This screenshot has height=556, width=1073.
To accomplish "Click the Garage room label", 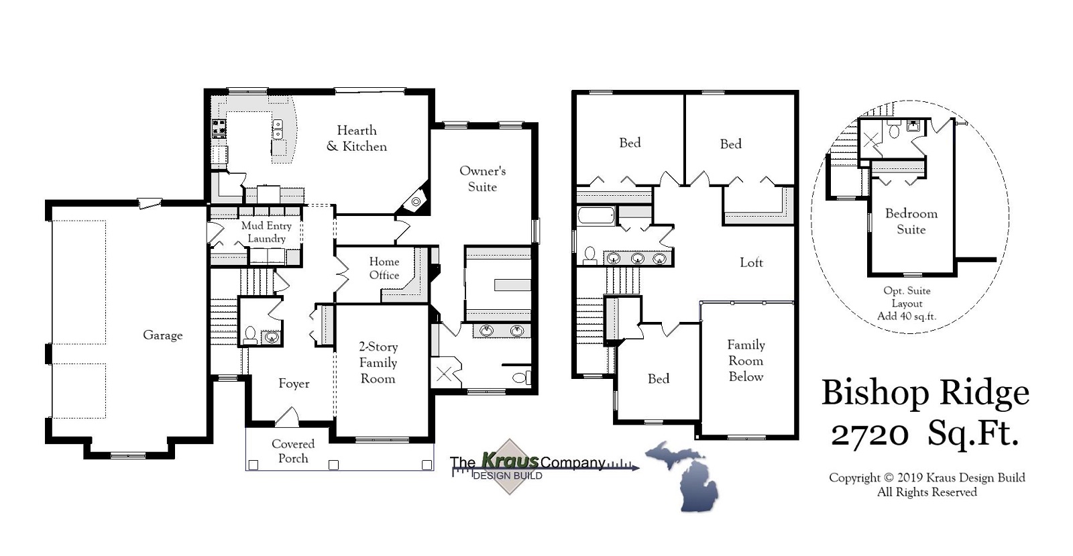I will pyautogui.click(x=162, y=335).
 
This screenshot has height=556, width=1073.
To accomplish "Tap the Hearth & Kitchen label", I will pyautogui.click(x=357, y=138).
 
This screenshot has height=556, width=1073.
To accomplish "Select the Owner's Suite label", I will pyautogui.click(x=482, y=179).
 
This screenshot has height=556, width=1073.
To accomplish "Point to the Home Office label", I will pyautogui.click(x=384, y=268).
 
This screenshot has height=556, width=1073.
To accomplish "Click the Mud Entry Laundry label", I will pyautogui.click(x=266, y=232).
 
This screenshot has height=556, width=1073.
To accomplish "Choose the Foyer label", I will pyautogui.click(x=294, y=384).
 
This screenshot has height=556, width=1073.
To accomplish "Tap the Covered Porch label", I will pyautogui.click(x=293, y=451).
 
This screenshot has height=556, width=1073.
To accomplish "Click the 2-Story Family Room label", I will pyautogui.click(x=378, y=363).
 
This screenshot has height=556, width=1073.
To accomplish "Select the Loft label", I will pyautogui.click(x=751, y=263).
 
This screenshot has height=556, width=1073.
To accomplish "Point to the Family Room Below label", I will pyautogui.click(x=746, y=361).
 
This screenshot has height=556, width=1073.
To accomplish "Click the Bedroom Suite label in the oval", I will pyautogui.click(x=911, y=221).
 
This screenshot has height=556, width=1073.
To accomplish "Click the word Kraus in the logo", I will pyautogui.click(x=510, y=461).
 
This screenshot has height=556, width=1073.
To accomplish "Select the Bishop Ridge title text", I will pyautogui.click(x=925, y=393).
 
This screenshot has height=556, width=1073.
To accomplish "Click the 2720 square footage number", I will pyautogui.click(x=870, y=435).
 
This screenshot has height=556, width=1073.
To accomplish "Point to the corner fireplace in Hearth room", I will pyautogui.click(x=416, y=202).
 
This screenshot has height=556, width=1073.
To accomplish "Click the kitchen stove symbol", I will pyautogui.click(x=219, y=128).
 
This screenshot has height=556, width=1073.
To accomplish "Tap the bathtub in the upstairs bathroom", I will pyautogui.click(x=596, y=216).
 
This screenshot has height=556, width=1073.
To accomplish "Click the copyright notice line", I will pyautogui.click(x=927, y=478).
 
